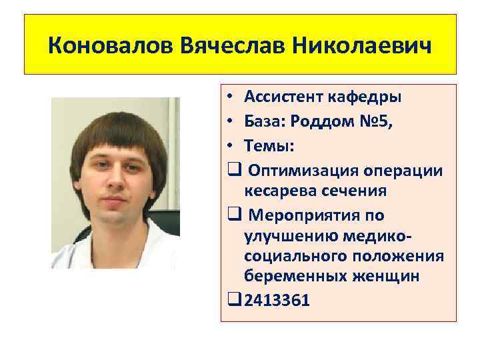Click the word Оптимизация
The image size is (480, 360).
[297, 169]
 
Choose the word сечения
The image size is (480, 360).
[354, 191]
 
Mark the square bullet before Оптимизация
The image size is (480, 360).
[233, 169]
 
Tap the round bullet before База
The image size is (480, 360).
[229, 121]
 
